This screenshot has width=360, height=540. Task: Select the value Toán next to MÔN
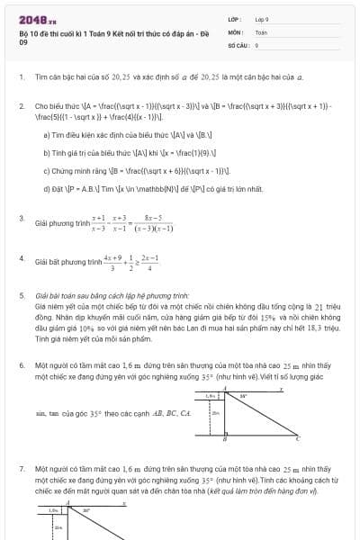pyautogui.click(x=261, y=31)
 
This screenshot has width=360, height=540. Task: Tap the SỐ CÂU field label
pyautogui.click(x=238, y=43)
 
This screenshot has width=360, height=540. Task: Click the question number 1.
pyautogui.click(x=21, y=77)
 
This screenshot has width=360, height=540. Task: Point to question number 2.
pyautogui.click(x=21, y=106)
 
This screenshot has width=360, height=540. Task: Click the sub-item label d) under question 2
pyautogui.click(x=46, y=189)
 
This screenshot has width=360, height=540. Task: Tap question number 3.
pyautogui.click(x=21, y=218)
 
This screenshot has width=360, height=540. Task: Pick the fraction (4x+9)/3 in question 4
pyautogui.click(x=112, y=262)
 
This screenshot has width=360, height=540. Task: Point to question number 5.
pyautogui.click(x=21, y=294)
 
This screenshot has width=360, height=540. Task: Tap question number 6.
pyautogui.click(x=21, y=366)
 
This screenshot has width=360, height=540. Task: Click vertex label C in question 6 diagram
pyautogui.click(x=298, y=440)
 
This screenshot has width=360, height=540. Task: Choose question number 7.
pyautogui.click(x=21, y=469)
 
